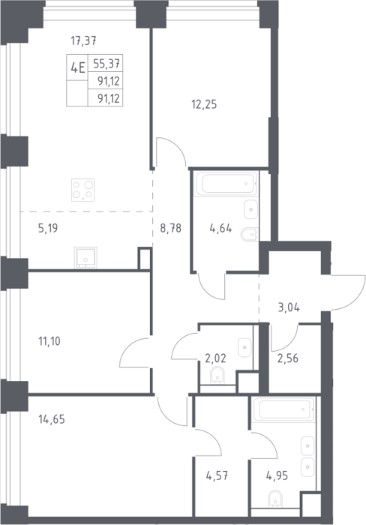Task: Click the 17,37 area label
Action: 83,40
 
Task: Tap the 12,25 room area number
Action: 204,104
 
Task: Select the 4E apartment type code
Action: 78,67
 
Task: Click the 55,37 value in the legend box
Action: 106,63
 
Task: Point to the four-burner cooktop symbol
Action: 82,190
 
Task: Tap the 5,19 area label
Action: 48,229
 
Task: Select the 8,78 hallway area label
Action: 170,228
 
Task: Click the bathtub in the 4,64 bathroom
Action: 226,184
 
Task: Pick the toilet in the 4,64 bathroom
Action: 250,234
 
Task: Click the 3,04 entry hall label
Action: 289,307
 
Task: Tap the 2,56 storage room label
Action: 288,358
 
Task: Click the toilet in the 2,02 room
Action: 217,375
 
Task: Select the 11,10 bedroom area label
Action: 49,341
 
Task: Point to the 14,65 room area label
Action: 52,419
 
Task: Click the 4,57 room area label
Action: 217,475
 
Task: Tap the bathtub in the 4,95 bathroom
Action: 283,409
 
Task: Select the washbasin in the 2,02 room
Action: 244,347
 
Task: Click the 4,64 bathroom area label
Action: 220,229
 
